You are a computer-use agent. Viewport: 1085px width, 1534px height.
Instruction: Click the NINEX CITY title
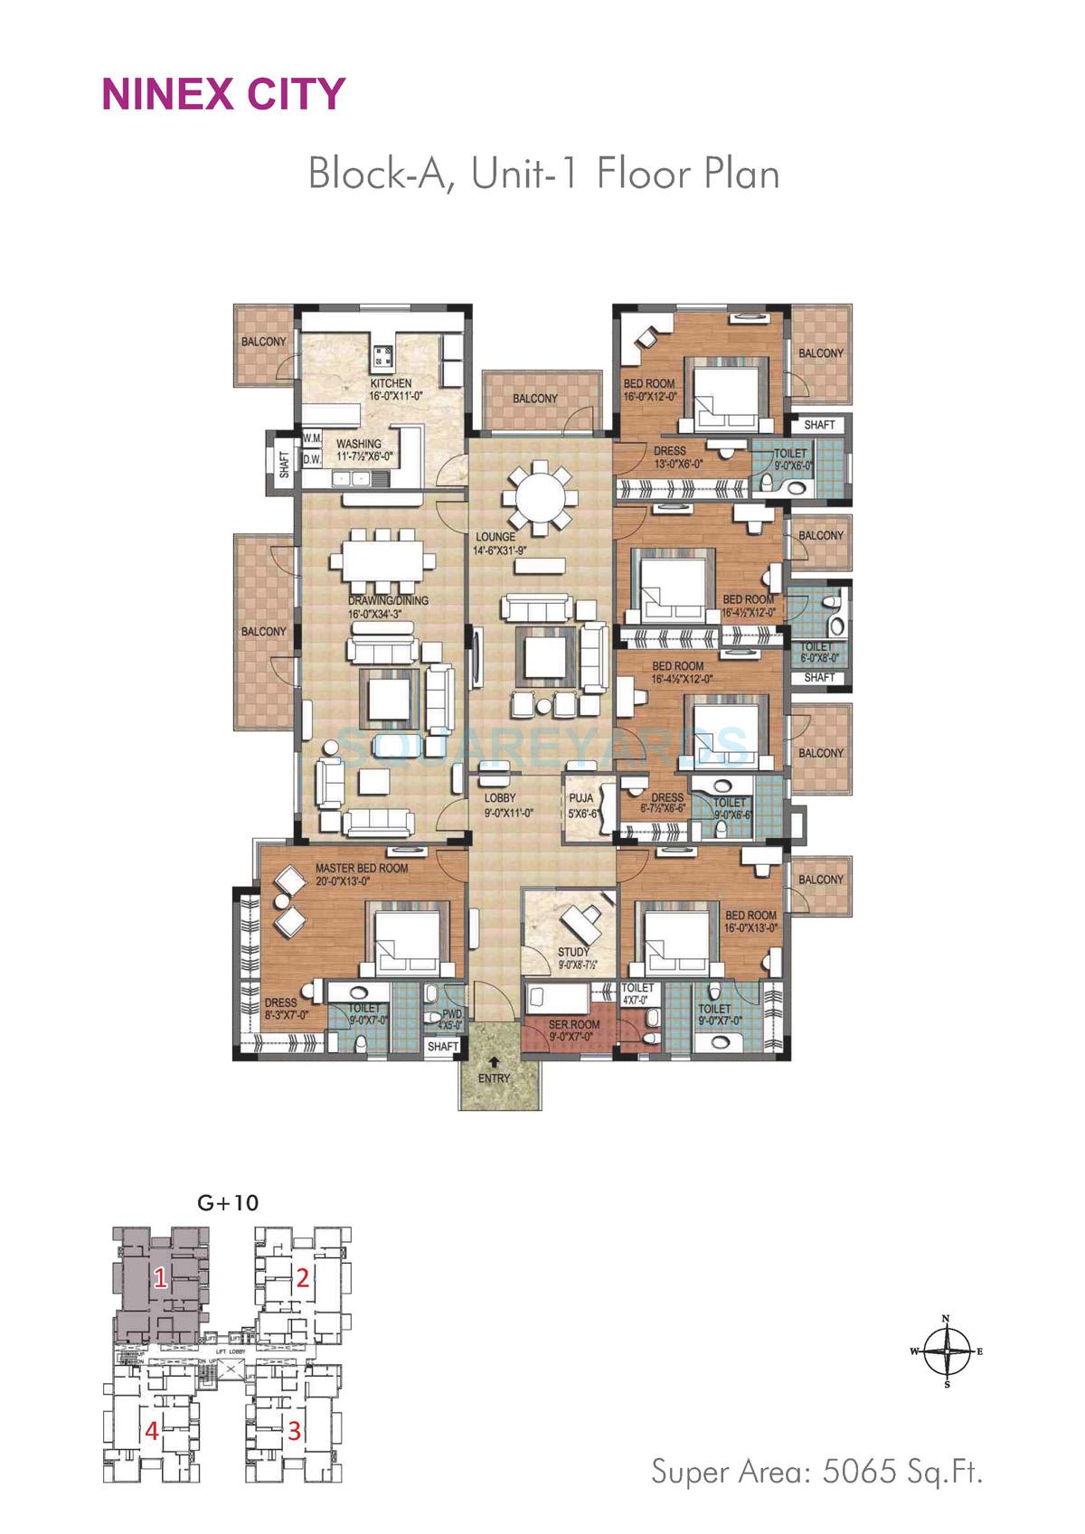223,94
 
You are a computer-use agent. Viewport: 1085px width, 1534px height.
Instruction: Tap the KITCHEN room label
390,383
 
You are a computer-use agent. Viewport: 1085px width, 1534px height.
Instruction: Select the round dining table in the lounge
540,498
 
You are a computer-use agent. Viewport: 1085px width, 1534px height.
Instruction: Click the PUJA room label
580,798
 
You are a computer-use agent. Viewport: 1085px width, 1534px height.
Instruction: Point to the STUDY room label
573,952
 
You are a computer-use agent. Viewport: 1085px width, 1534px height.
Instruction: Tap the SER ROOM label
574,1024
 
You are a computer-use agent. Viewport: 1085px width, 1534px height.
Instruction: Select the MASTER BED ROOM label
362,868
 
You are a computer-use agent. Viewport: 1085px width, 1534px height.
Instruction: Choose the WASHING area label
359,444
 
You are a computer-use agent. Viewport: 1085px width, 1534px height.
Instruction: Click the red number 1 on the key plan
159,1278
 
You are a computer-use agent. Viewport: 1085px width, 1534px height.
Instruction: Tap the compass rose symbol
947,1351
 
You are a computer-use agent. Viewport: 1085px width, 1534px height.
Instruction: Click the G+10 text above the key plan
228,1203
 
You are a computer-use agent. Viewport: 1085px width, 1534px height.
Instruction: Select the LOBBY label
500,798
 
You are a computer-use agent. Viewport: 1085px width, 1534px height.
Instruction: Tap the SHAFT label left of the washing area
285,464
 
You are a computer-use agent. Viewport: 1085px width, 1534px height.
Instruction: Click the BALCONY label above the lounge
535,399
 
